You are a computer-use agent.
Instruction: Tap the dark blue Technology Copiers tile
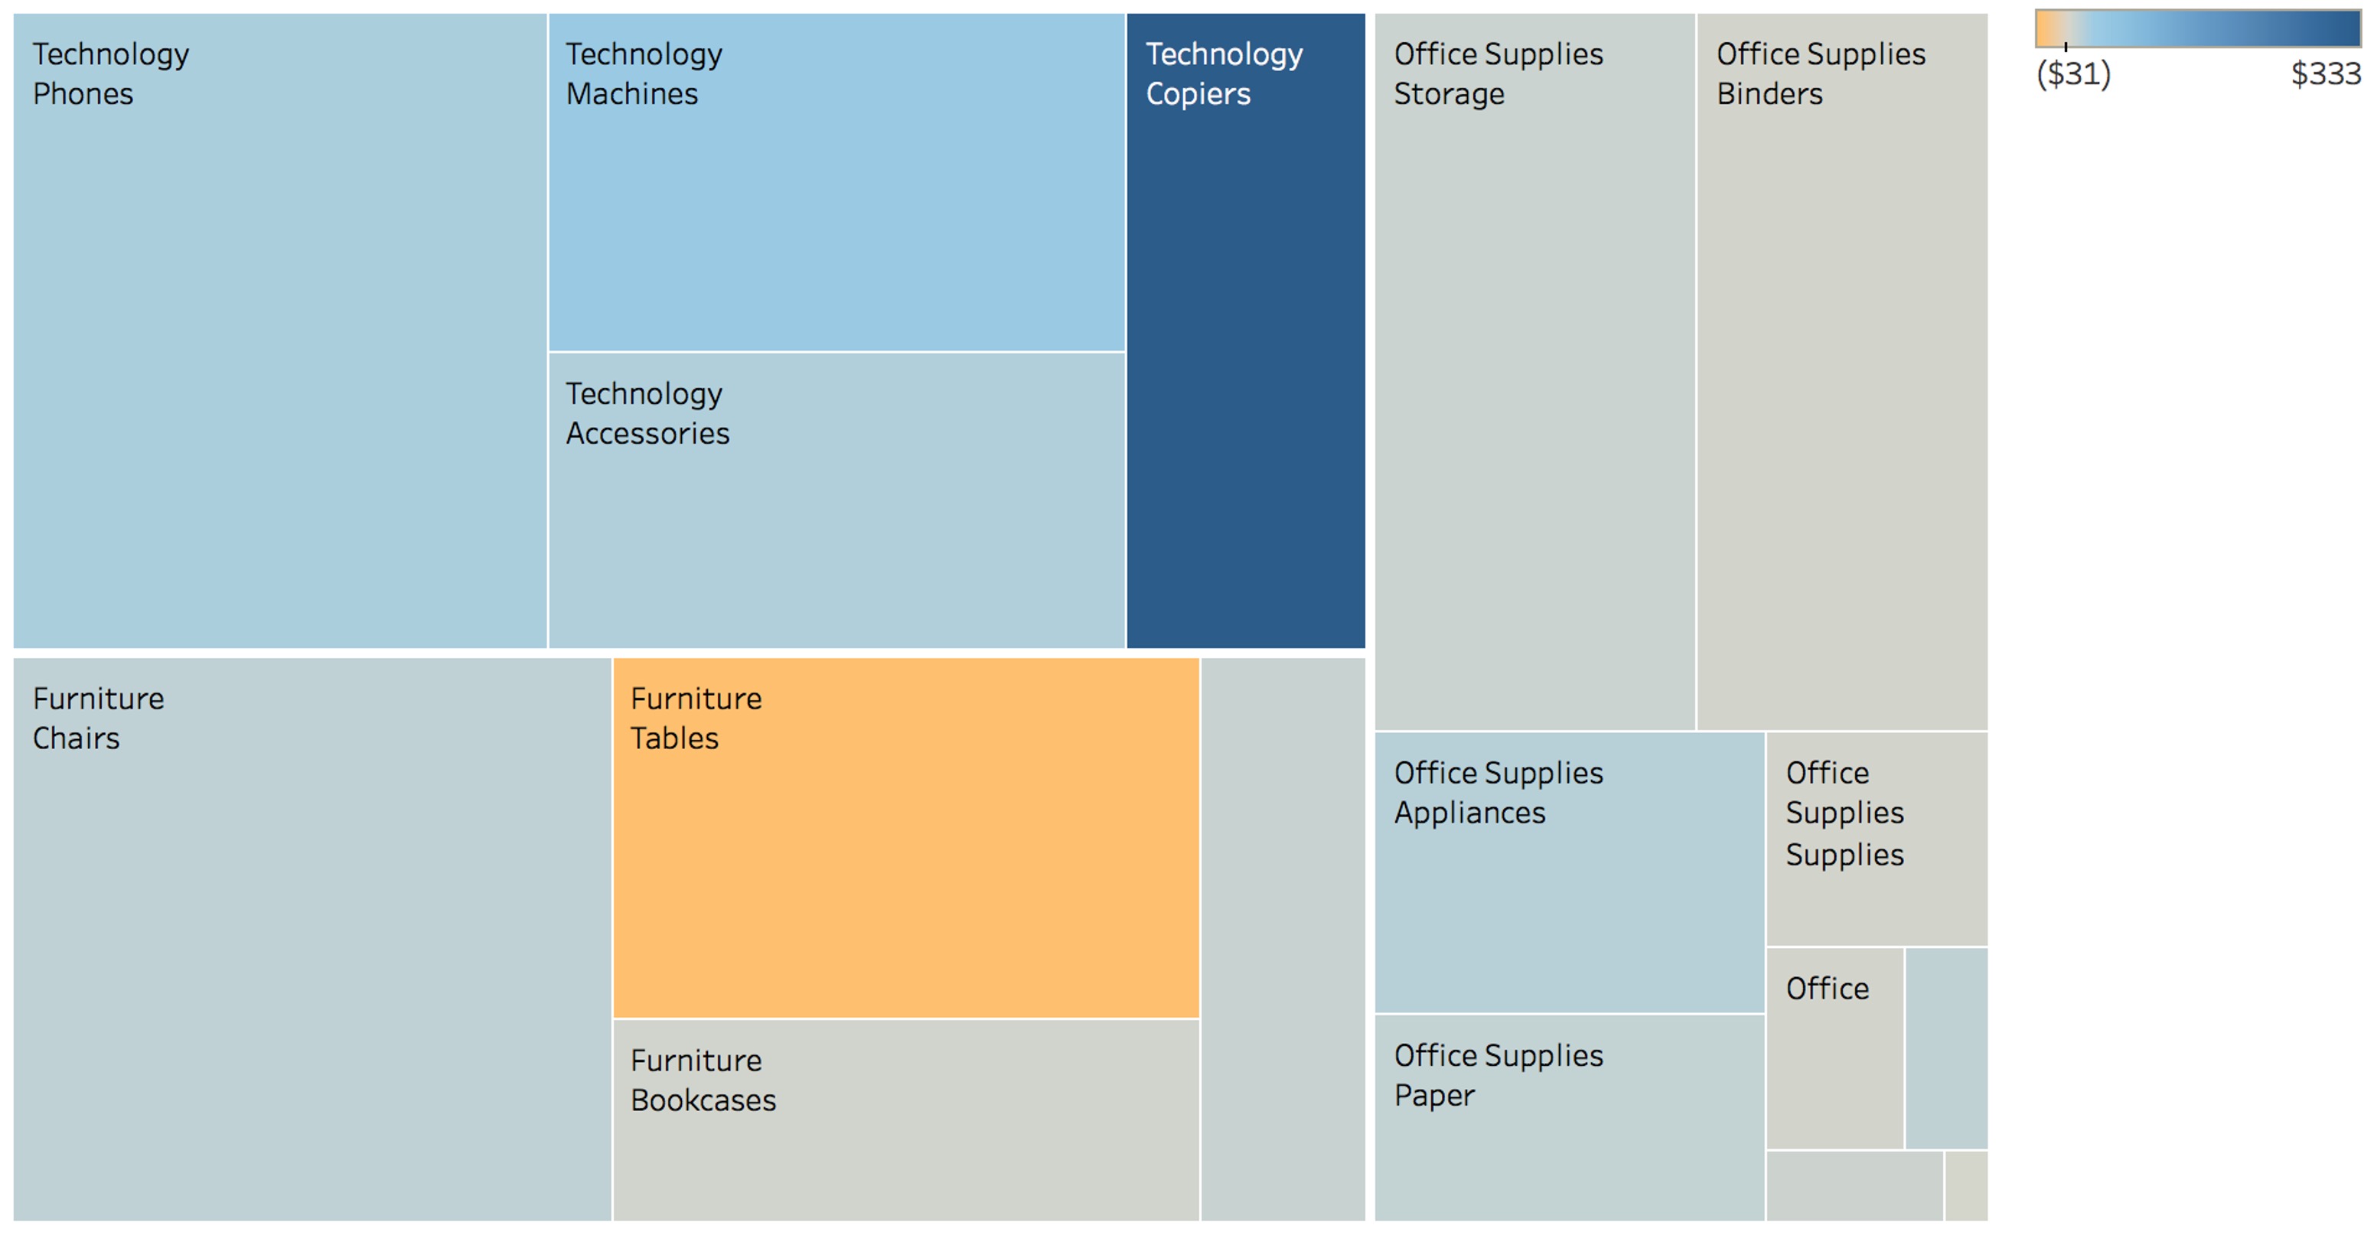pyautogui.click(x=1245, y=369)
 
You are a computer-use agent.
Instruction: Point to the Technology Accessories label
pyautogui.click(x=647, y=413)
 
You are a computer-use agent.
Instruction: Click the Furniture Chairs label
pyautogui.click(x=98, y=718)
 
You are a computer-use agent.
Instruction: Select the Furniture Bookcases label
pyautogui.click(x=703, y=1080)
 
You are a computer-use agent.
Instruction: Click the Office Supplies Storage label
pyautogui.click(x=1498, y=73)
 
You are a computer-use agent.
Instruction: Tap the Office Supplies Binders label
pyautogui.click(x=1820, y=73)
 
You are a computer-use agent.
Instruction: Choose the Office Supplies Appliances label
pyautogui.click(x=1498, y=793)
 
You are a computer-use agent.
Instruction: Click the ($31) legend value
pyautogui.click(x=2072, y=73)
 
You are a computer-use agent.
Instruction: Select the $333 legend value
pyautogui.click(x=2325, y=73)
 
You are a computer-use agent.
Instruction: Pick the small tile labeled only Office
pyautogui.click(x=1828, y=989)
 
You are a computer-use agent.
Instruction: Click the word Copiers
pyautogui.click(x=1197, y=94)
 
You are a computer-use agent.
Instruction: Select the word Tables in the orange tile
pyautogui.click(x=673, y=738)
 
